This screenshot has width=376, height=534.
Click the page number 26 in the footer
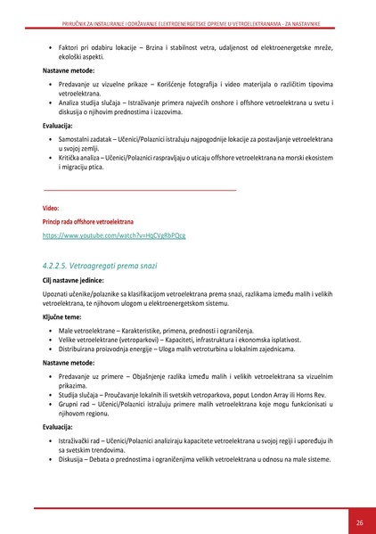point(359,522)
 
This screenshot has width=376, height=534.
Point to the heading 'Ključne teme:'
point(62,316)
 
